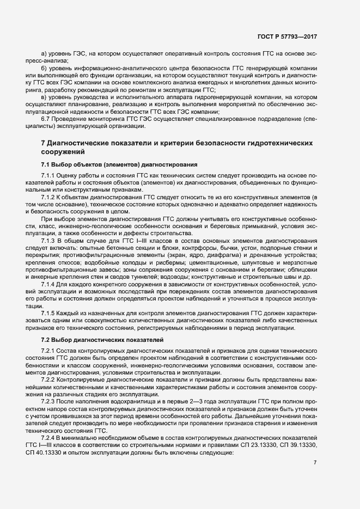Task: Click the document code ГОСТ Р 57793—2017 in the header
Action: pos(286,36)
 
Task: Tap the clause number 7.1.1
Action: pos(49,176)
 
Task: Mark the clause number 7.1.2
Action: pos(49,197)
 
